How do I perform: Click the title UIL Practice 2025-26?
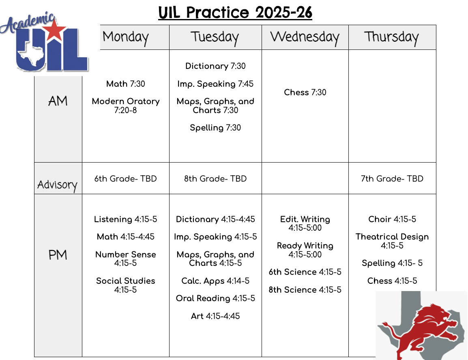click(235, 13)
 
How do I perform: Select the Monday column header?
click(126, 37)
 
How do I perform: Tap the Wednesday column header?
click(305, 37)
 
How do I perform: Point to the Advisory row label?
click(57, 185)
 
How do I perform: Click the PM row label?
click(58, 255)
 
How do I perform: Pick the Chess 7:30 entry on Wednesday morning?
click(305, 92)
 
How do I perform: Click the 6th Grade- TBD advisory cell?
click(126, 179)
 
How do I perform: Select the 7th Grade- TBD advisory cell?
click(392, 179)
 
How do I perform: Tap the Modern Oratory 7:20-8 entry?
click(126, 105)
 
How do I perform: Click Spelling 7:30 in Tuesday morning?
click(215, 128)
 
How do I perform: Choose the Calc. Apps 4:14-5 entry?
click(215, 281)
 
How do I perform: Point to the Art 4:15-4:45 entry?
click(215, 316)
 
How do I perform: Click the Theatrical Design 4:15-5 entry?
click(392, 241)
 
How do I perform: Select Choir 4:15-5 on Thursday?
click(392, 219)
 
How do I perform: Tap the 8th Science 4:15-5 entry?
click(305, 290)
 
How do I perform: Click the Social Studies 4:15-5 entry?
click(126, 285)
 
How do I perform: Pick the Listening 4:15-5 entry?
click(126, 219)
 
